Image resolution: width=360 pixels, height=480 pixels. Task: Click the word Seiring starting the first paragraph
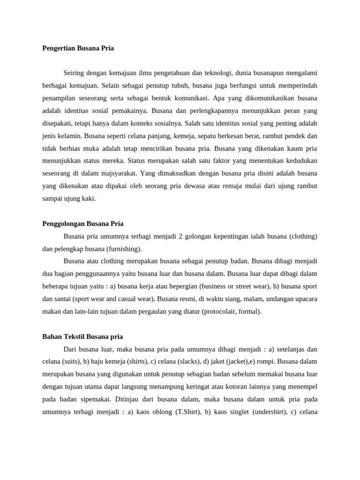tap(74, 73)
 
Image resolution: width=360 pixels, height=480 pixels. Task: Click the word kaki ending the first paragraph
tap(89, 198)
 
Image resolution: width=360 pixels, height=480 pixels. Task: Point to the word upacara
tap(305, 299)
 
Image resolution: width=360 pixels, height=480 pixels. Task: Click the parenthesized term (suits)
tap(71, 361)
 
